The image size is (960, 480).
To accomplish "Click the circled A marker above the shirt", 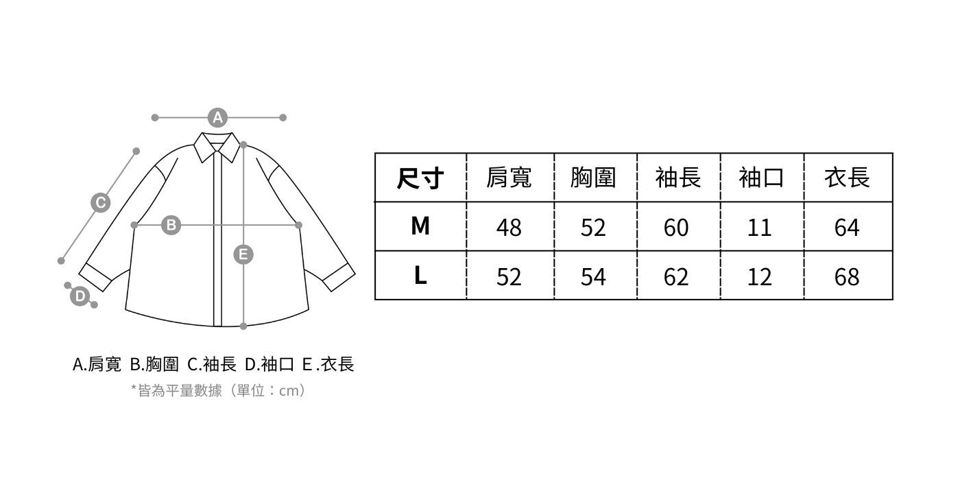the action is click(217, 118).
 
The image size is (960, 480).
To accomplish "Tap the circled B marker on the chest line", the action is click(171, 225).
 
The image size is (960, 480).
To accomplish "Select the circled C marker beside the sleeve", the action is click(101, 202).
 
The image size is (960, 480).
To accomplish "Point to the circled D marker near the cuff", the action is click(80, 296).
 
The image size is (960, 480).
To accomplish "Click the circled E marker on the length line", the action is click(243, 255).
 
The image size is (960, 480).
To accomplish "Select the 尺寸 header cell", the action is click(420, 178).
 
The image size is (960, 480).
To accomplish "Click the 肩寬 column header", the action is click(509, 178).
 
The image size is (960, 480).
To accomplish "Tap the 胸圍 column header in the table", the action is click(593, 178).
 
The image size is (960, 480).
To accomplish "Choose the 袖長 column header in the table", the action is click(677, 178).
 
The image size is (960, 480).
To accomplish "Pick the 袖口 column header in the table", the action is click(761, 178).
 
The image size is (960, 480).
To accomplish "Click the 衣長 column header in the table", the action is click(847, 178).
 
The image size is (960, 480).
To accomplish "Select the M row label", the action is click(420, 226).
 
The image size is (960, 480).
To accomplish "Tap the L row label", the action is click(420, 276).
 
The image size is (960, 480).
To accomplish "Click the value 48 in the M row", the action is click(509, 227).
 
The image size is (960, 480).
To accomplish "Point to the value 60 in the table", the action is click(676, 227).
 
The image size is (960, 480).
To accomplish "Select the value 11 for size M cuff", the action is click(760, 227).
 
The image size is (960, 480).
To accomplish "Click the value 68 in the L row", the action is click(847, 277).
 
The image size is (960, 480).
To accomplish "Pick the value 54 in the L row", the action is click(593, 277).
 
